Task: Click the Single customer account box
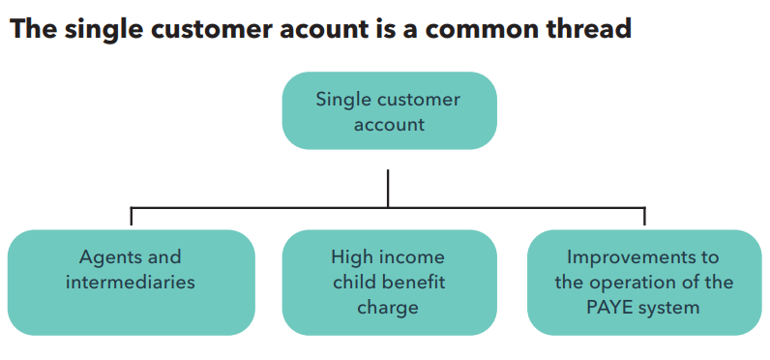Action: (389, 111)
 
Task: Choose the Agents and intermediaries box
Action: (131, 282)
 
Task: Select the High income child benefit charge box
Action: (389, 282)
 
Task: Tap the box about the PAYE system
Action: (644, 282)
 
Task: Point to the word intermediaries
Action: (131, 283)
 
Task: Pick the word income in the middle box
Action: (411, 257)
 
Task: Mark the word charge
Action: (388, 308)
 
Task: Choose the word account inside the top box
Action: (389, 125)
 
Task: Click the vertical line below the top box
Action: (388, 188)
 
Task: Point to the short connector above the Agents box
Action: (132, 217)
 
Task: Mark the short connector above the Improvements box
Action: (644, 217)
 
